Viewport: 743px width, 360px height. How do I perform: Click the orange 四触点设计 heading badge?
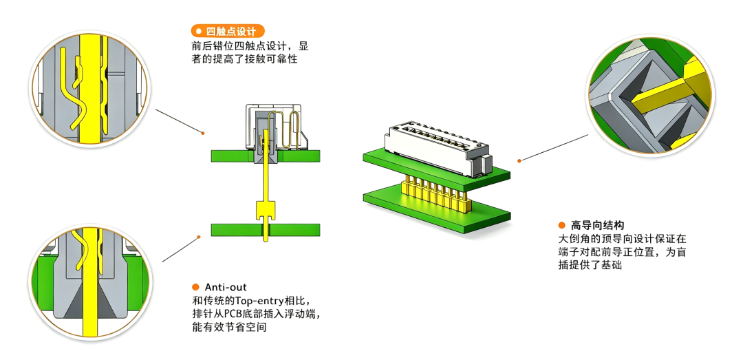coord(228,31)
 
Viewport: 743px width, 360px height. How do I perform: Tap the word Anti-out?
coord(226,288)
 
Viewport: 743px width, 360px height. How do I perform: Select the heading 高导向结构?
coord(598,225)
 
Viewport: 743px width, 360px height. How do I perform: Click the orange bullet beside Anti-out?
coord(195,288)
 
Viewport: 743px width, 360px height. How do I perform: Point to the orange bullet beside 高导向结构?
coord(562,225)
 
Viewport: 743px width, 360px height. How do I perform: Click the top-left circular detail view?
coord(89,89)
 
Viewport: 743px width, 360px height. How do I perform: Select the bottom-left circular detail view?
coord(89,282)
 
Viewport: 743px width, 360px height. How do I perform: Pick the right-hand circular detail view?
coord(650,96)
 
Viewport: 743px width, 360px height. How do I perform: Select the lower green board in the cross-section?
coord(266,230)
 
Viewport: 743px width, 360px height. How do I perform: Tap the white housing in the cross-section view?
coord(274,128)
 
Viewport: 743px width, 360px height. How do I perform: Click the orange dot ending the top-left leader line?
coord(203,133)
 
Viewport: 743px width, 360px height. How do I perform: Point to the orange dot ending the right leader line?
coord(519,161)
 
